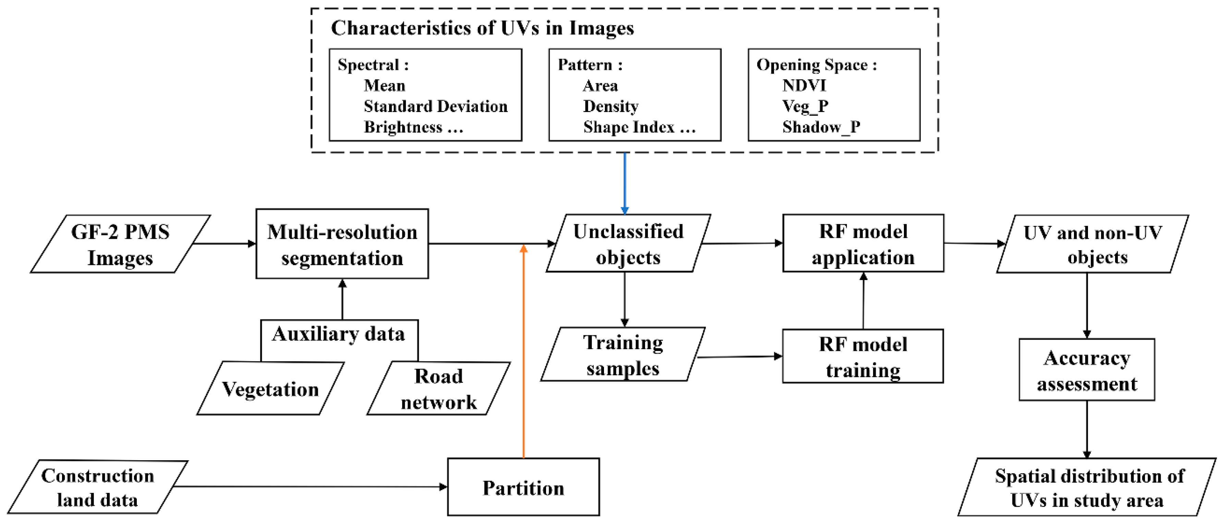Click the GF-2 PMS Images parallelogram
[120, 244]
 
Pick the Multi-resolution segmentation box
[342, 244]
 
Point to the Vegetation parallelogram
[270, 389]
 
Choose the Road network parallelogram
[438, 389]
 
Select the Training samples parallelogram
[622, 354]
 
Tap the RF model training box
[863, 356]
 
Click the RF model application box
[863, 244]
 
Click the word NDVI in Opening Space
[804, 85]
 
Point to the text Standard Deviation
[435, 106]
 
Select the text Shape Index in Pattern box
[629, 127]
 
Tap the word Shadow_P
[821, 127]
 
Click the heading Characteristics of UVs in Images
[482, 28]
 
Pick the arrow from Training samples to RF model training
[739, 356]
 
